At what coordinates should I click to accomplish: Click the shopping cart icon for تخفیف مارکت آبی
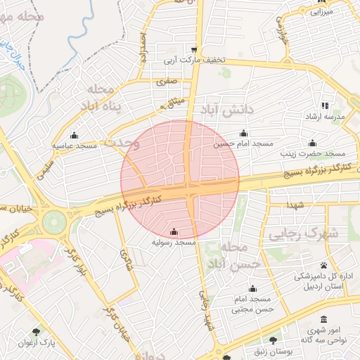coord(193,49)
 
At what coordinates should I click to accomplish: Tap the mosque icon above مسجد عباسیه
coord(75,135)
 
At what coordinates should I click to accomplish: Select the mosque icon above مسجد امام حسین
coord(244,133)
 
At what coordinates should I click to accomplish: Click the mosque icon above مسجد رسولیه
coord(174,232)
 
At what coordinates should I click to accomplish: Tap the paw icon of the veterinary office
coord(323,265)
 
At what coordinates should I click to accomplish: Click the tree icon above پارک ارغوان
coord(37,330)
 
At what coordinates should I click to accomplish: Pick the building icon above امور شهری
coord(323,319)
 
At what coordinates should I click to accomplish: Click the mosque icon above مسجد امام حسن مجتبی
coord(252,289)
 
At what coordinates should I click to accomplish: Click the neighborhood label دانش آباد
coord(226,111)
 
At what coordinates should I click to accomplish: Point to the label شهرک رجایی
coord(333,233)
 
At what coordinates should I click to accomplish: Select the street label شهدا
coord(295,204)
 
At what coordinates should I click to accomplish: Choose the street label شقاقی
coord(127,261)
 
